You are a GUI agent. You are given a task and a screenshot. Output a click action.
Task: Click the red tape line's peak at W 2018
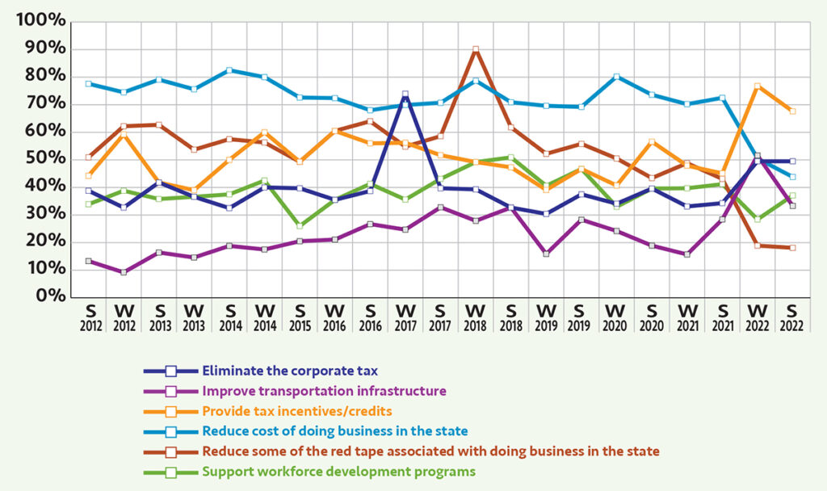[476, 49]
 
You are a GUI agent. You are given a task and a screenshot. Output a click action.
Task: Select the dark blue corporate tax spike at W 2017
[405, 94]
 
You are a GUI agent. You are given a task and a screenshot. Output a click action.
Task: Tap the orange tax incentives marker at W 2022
[758, 86]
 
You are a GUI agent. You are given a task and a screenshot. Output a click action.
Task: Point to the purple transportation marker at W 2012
[124, 272]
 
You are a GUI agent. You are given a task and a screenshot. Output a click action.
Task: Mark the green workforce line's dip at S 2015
[300, 226]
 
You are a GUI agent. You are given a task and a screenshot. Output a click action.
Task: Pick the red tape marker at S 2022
[792, 248]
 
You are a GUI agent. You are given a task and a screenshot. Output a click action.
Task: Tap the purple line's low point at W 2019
[546, 254]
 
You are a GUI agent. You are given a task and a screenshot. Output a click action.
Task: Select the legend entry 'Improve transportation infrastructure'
[324, 391]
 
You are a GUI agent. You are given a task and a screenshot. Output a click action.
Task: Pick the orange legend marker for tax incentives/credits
[170, 411]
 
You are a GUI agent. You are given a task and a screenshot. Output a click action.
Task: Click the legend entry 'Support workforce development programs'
[339, 471]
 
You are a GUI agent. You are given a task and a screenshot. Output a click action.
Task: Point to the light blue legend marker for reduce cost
[170, 431]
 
